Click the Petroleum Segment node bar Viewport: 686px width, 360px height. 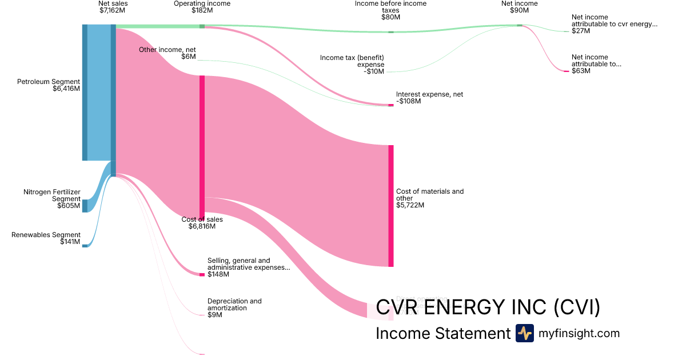(85, 93)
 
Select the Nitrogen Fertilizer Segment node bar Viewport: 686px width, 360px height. (85, 206)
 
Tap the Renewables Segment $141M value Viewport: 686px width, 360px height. (70, 242)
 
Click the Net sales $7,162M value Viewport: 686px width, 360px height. (113, 10)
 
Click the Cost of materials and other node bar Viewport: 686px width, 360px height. (391, 206)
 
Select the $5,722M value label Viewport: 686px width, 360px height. (410, 205)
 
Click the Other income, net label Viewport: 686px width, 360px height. (167, 50)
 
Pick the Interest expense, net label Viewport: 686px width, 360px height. (429, 94)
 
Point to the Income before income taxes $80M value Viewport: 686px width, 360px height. (390, 17)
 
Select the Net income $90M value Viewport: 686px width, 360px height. (519, 10)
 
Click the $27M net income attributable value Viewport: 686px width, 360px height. (580, 31)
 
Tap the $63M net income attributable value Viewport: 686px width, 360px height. (580, 71)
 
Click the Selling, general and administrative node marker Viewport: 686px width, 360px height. (202, 274)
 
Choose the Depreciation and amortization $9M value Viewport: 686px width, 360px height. (214, 315)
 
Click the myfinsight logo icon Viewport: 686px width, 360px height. (524, 333)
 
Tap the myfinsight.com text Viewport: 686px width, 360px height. (579, 333)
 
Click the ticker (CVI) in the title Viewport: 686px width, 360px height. (577, 307)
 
